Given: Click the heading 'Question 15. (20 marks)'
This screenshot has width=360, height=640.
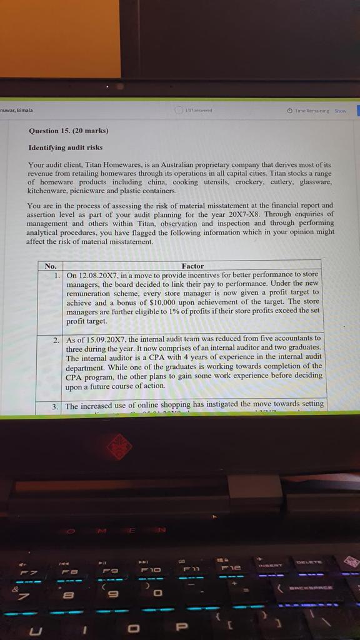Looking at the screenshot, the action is (x=68, y=131).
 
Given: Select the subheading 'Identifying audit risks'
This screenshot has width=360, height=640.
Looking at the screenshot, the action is (x=66, y=147).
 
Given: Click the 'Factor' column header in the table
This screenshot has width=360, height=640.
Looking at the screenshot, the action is (x=192, y=266).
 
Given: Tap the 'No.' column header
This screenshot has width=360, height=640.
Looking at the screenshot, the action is (x=51, y=266).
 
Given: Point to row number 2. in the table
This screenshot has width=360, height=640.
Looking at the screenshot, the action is (x=56, y=338).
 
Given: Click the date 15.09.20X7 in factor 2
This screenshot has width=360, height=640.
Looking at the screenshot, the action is (x=106, y=338).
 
